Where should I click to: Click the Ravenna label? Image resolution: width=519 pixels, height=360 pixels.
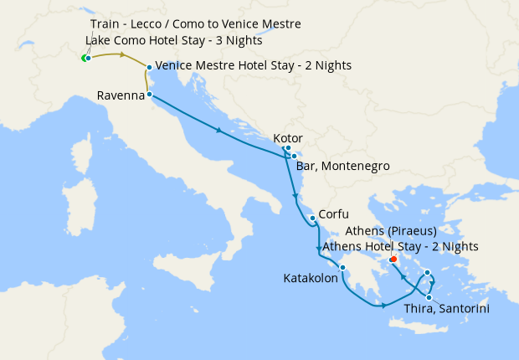click(x=121, y=95)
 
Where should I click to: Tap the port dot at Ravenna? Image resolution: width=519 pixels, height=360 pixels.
click(x=150, y=95)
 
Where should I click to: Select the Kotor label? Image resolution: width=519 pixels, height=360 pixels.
click(x=287, y=139)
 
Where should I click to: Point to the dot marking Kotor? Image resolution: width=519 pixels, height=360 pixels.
click(x=287, y=149)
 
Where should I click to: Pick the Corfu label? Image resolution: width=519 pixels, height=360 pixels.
click(x=333, y=214)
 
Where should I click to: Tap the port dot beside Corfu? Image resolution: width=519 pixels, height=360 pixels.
click(x=312, y=219)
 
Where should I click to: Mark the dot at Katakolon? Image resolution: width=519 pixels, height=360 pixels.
click(x=342, y=268)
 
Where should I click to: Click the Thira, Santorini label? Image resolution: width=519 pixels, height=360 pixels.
click(x=446, y=309)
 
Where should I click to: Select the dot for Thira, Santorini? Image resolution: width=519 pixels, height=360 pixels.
click(x=429, y=297)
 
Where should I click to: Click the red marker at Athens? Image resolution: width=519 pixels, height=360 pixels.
click(x=393, y=260)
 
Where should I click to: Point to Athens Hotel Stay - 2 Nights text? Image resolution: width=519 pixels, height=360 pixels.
click(x=400, y=246)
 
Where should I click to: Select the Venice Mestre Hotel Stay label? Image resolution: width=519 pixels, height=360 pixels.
click(x=253, y=65)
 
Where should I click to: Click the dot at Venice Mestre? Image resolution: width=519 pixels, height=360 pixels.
click(x=149, y=67)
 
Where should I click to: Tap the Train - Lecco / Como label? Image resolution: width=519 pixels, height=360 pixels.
click(x=193, y=23)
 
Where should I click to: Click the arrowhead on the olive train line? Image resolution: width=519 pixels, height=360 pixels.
click(x=124, y=55)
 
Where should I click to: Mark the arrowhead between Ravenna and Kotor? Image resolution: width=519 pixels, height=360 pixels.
click(x=219, y=131)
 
